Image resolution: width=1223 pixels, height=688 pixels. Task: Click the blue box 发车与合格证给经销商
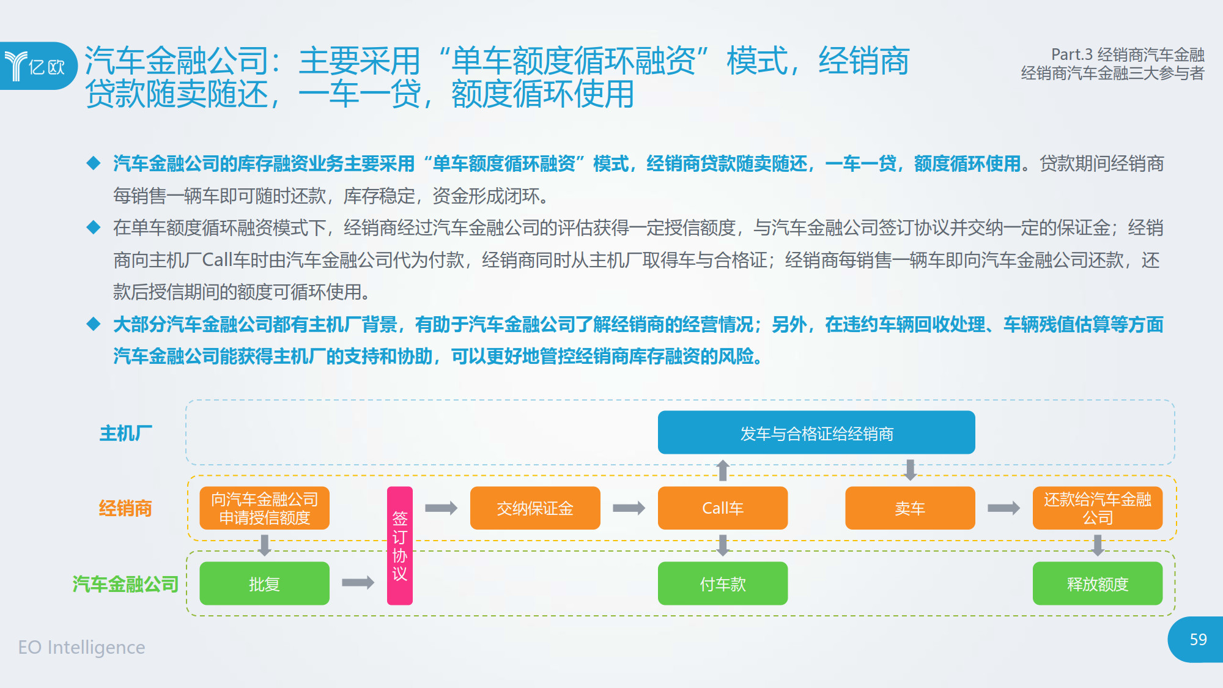816,432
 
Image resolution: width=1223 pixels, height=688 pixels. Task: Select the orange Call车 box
723,508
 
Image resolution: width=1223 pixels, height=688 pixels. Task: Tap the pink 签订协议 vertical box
400,546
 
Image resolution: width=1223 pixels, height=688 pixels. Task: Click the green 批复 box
264,583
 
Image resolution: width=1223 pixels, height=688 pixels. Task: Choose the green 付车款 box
723,583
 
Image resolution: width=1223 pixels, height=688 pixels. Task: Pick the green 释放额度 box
1098,583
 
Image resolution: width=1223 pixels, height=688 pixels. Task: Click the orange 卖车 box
910,508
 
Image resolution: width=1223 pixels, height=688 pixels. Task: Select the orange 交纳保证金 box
535,508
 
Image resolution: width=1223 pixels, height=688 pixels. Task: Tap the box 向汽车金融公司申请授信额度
264,508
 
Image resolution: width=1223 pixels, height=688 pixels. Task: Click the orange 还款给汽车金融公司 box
1098,508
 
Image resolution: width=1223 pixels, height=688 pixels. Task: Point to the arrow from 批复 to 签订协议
358,582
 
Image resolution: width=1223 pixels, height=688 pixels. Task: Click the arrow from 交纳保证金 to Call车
629,508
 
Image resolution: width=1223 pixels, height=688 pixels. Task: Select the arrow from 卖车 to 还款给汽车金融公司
1003,508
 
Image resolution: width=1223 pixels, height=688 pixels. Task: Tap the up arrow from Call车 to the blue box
723,470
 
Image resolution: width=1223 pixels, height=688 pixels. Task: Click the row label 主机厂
126,433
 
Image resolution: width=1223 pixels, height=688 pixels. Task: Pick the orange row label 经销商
125,508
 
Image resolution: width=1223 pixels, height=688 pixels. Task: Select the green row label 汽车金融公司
125,584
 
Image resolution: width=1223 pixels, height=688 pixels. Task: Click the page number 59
1198,640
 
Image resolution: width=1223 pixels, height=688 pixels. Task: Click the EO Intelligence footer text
81,647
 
